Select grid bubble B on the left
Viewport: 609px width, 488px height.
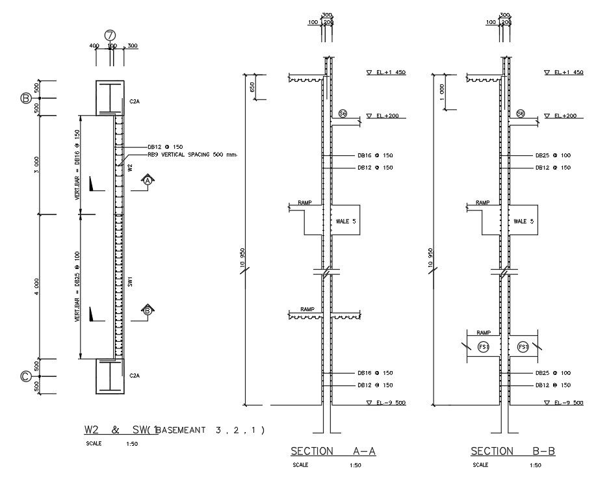[x=26, y=99]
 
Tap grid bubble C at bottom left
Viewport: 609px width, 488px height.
[x=26, y=376]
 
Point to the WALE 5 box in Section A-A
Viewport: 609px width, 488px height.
[x=344, y=221]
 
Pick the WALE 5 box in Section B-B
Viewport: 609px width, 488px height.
[x=523, y=221]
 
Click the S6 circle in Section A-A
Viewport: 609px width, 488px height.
[x=343, y=114]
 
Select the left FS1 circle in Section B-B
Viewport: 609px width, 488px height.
[x=483, y=347]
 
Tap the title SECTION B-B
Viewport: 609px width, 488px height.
[x=513, y=451]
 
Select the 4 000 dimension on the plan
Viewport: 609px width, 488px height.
[x=37, y=285]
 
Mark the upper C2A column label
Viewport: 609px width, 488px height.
[x=135, y=101]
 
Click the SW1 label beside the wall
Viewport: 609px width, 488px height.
[x=131, y=282]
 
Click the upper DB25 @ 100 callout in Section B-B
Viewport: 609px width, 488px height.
[x=552, y=156]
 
